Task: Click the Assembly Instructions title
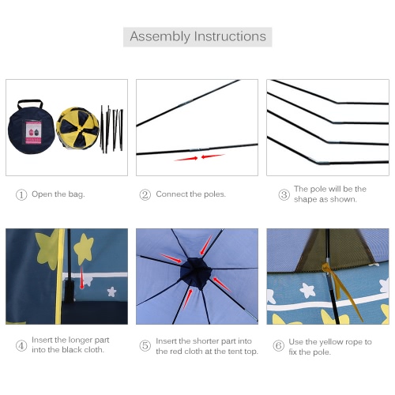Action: (197, 36)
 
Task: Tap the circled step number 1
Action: (21, 195)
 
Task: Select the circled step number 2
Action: (145, 195)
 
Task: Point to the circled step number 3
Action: (284, 195)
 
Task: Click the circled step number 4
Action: (21, 345)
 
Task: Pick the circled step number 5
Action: (145, 345)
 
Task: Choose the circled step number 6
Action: (279, 345)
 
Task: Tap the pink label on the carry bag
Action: (33, 133)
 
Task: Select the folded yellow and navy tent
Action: (77, 128)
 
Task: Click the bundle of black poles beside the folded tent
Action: (111, 129)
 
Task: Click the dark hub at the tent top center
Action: (196, 273)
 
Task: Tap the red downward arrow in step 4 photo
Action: (82, 277)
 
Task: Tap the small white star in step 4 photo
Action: (111, 292)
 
